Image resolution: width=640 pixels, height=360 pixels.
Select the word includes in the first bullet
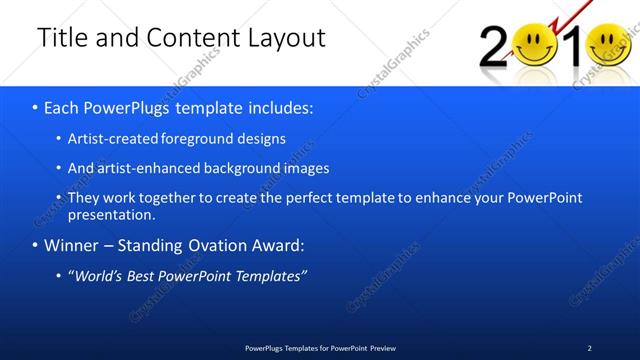276,106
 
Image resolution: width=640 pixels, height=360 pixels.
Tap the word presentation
111,214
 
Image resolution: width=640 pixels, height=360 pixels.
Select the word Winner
73,245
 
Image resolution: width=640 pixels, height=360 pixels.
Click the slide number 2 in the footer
589,348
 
